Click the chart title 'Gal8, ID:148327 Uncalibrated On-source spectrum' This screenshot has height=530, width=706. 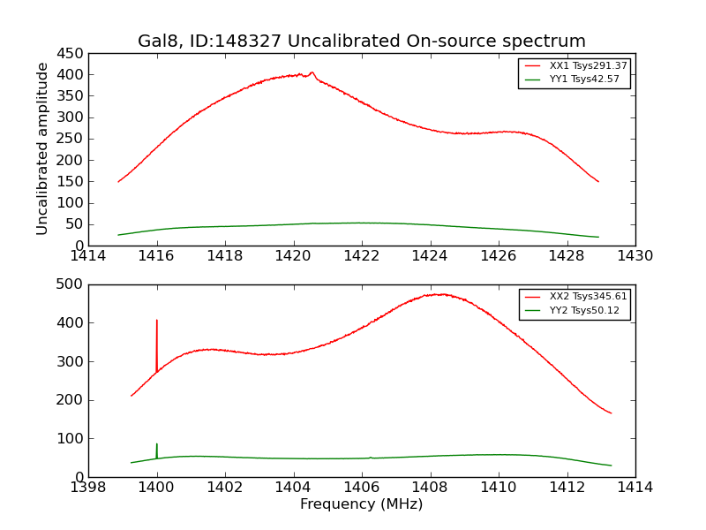click(362, 42)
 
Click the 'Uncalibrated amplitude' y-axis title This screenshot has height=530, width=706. click(42, 148)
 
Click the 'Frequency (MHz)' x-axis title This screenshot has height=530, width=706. click(362, 504)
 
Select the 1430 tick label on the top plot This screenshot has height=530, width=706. click(635, 256)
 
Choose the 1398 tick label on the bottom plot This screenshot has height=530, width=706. click(88, 488)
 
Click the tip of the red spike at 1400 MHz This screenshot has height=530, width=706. click(157, 321)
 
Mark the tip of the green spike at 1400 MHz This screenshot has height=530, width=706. click(157, 444)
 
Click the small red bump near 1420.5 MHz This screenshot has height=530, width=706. click(312, 72)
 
